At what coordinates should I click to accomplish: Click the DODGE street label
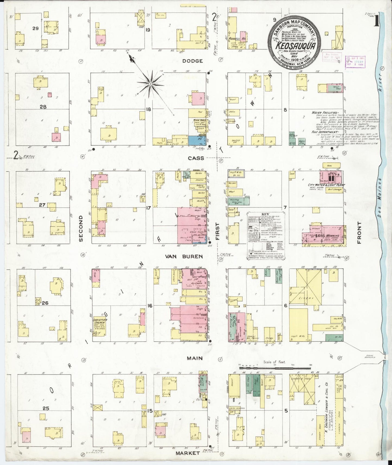(192, 61)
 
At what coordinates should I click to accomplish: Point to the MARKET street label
(187, 453)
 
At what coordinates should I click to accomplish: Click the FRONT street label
(359, 232)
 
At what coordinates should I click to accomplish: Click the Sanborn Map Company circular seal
(295, 39)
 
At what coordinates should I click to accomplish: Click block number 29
(35, 28)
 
